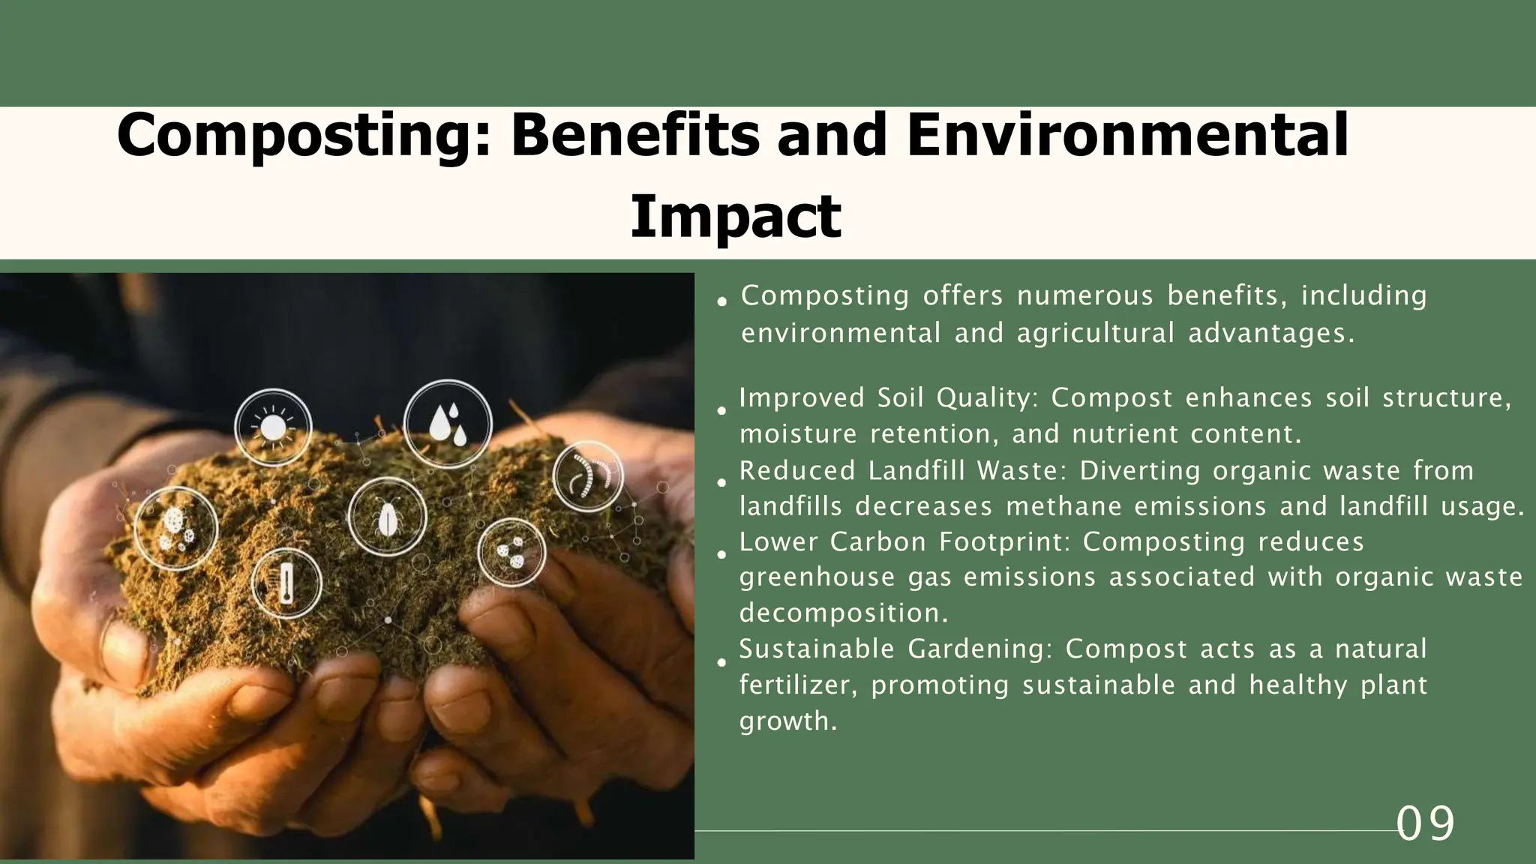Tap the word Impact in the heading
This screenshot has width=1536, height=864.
pyautogui.click(x=735, y=217)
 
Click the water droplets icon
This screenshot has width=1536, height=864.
pyautogui.click(x=448, y=424)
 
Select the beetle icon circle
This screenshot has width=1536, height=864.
pyautogui.click(x=387, y=517)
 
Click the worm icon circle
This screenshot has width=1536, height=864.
pyautogui.click(x=588, y=476)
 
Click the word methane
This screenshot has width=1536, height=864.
pyautogui.click(x=1063, y=507)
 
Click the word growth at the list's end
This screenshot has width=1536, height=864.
pyautogui.click(x=787, y=721)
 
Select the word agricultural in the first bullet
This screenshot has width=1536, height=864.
pyautogui.click(x=1095, y=333)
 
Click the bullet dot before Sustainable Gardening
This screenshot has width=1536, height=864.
pyautogui.click(x=721, y=663)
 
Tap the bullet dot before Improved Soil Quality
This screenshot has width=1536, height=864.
pyautogui.click(x=721, y=411)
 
